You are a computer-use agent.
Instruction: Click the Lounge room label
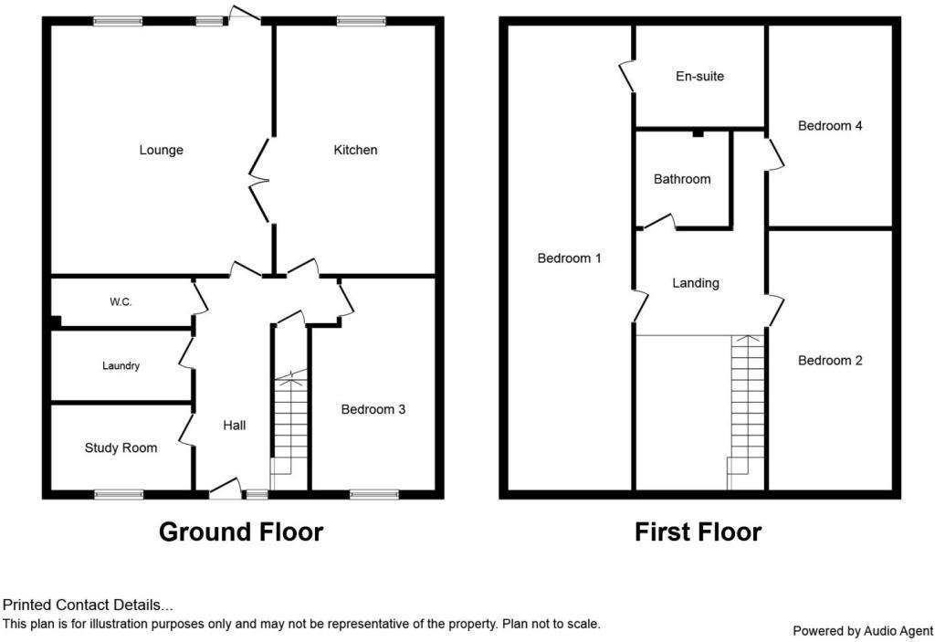(161, 150)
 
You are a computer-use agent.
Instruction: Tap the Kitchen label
(355, 150)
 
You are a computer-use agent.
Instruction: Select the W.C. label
(121, 302)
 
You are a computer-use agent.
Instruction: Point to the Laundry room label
(121, 366)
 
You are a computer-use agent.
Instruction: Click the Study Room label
(121, 447)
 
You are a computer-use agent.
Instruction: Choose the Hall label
(235, 426)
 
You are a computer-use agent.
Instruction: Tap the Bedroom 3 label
(373, 410)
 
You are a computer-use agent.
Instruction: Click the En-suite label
(699, 77)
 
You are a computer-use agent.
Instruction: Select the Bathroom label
(682, 180)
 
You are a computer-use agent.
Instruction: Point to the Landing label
(696, 283)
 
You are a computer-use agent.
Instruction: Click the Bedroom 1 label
(569, 258)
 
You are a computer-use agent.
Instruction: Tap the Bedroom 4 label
(830, 126)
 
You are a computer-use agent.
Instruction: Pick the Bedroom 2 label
(830, 361)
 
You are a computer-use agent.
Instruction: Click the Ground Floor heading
(241, 531)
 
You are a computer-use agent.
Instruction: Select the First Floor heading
(698, 531)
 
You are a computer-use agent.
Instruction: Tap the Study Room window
(119, 494)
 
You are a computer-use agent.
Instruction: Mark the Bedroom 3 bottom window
(374, 494)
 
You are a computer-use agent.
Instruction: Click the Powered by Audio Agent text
(862, 630)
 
